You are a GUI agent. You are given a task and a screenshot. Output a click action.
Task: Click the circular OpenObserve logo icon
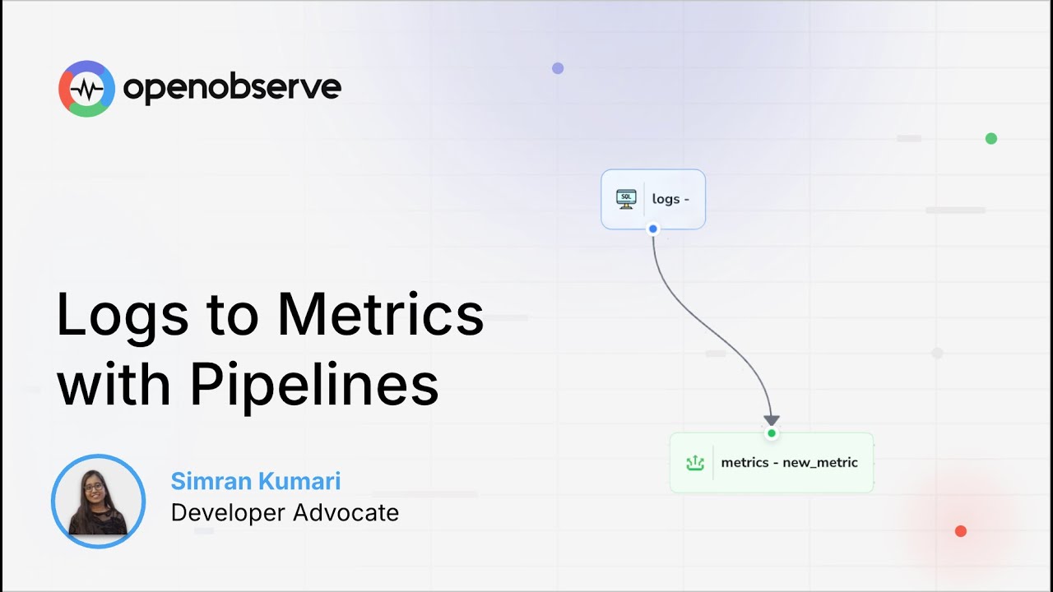pyautogui.click(x=86, y=88)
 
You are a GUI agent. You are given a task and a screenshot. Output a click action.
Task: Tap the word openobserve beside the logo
pyautogui.click(x=232, y=87)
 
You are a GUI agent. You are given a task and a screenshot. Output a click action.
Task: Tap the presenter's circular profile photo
pyautogui.click(x=98, y=501)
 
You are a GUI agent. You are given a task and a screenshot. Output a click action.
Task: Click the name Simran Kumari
pyautogui.click(x=256, y=481)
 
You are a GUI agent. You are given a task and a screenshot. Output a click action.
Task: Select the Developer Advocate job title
pyautogui.click(x=285, y=512)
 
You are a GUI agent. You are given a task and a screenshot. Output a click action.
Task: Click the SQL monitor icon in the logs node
pyautogui.click(x=626, y=199)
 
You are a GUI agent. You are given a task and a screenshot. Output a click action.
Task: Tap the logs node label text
pyautogui.click(x=670, y=199)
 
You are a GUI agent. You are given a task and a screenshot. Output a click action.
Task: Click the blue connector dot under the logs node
pyautogui.click(x=653, y=229)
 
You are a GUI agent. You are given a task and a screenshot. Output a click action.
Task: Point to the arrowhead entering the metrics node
pyautogui.click(x=771, y=420)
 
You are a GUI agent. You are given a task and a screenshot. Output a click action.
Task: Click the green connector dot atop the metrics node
pyautogui.click(x=771, y=433)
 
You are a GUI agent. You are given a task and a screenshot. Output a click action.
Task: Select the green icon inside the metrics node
pyautogui.click(x=695, y=463)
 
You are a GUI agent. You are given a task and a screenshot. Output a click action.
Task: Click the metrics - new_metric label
pyautogui.click(x=789, y=463)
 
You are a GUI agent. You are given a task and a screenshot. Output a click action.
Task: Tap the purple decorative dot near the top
pyautogui.click(x=558, y=68)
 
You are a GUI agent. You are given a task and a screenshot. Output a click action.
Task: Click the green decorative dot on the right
pyautogui.click(x=991, y=138)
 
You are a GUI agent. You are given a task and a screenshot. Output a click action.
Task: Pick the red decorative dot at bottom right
pyautogui.click(x=960, y=531)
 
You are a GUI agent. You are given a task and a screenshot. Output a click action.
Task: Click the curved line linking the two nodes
pyautogui.click(x=707, y=329)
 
